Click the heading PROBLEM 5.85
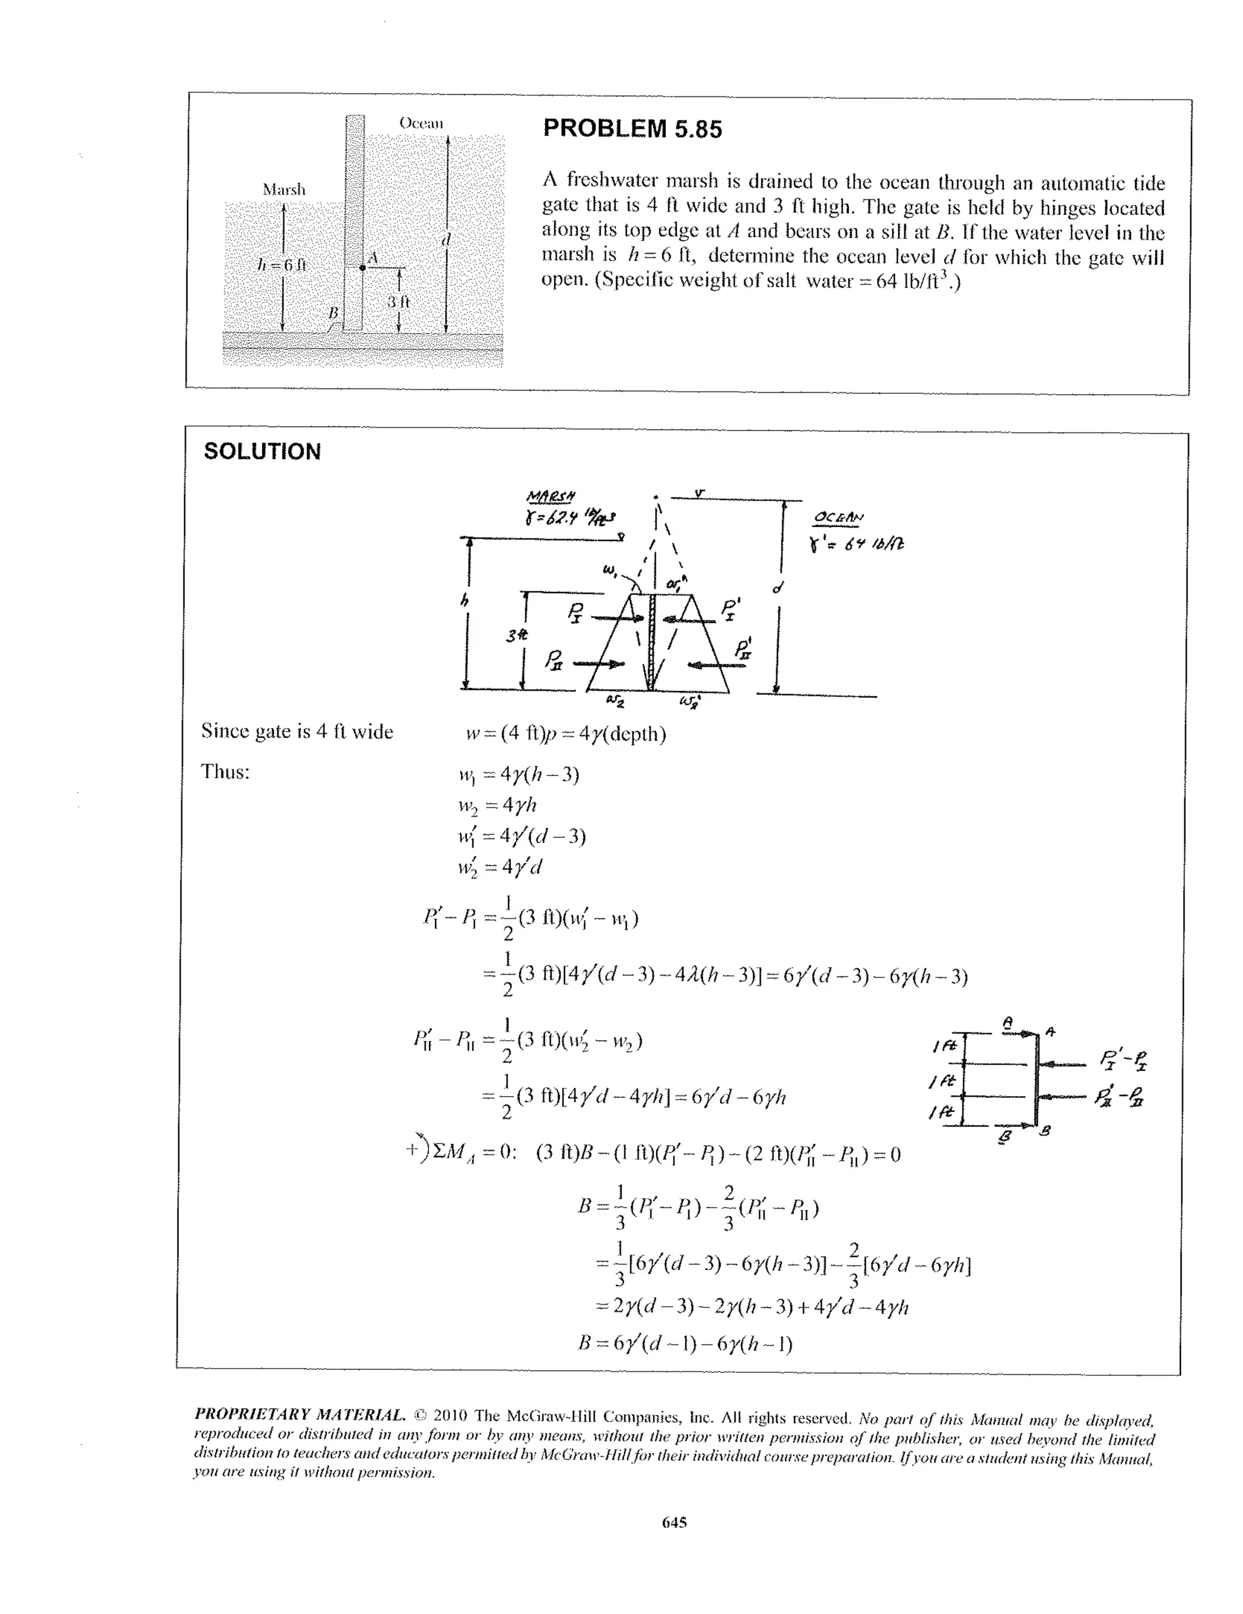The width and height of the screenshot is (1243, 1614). (632, 129)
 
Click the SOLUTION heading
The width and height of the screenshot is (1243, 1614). (262, 452)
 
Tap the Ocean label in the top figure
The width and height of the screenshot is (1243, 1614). (421, 123)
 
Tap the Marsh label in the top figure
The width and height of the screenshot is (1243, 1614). (283, 190)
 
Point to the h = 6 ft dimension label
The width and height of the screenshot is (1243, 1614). (282, 265)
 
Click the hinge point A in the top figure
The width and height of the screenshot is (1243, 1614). (362, 268)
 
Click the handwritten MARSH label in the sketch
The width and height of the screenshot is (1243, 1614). (552, 494)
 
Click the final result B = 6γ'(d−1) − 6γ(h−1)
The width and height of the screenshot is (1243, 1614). (685, 1343)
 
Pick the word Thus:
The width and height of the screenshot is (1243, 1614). (225, 772)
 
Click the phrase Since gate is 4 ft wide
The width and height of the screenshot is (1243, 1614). (297, 732)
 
